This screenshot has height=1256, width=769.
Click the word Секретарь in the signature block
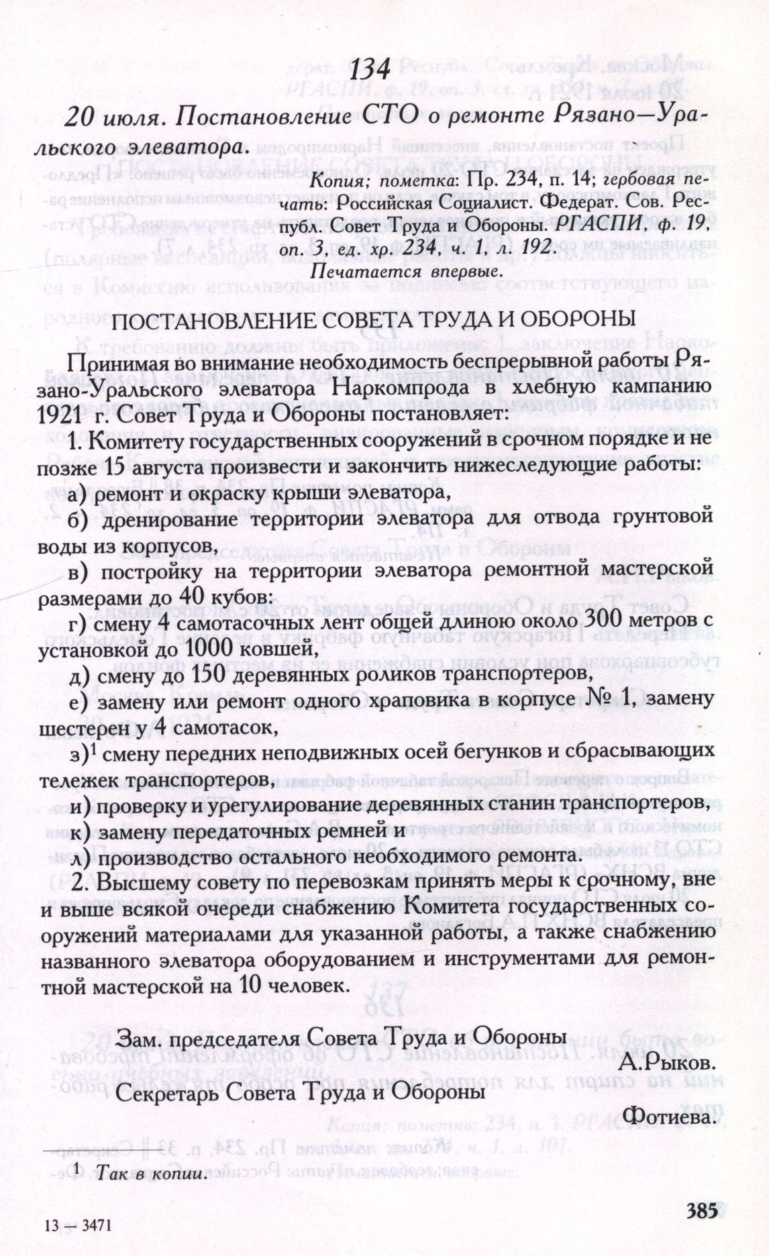[164, 1091]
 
